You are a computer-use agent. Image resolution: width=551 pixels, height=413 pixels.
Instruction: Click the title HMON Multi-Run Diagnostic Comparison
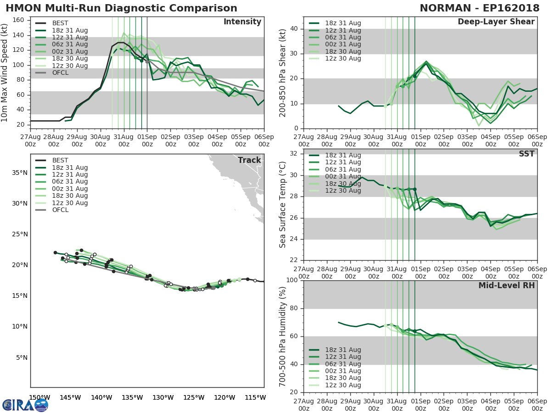point(121,8)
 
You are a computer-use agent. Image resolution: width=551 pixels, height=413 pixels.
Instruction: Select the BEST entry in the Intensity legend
point(60,23)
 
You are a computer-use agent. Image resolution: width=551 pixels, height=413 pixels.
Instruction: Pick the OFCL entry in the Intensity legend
point(59,73)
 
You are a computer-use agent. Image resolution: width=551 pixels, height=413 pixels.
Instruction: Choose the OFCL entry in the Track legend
point(60,210)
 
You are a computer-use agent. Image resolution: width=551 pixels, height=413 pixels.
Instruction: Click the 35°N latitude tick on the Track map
point(20,173)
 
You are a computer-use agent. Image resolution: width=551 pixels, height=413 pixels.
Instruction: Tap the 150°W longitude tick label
point(40,397)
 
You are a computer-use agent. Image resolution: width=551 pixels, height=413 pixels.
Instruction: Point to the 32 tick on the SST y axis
point(295,154)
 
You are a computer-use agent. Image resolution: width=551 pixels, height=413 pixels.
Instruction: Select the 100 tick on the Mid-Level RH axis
point(292,280)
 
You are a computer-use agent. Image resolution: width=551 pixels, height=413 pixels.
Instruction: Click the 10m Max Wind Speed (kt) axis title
point(5,73)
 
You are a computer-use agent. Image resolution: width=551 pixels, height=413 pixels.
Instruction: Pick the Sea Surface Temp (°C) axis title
point(283,205)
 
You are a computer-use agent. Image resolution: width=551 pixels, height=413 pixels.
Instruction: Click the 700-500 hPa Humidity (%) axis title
point(283,336)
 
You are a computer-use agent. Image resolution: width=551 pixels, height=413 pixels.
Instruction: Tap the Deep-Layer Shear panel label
point(496,22)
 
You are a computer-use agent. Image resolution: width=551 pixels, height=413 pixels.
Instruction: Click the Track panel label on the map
point(249,160)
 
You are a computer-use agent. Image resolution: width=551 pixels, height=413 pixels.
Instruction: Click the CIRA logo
point(25,405)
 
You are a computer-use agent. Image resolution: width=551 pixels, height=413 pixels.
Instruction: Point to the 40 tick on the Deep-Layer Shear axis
point(295,29)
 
